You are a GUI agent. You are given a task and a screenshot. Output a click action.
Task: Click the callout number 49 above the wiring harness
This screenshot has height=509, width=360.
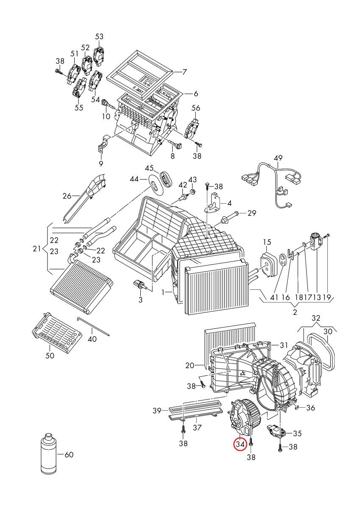278,158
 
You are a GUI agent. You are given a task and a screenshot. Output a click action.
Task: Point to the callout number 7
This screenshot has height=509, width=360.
184,72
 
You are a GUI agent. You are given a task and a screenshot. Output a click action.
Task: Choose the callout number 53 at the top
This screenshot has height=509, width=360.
99,36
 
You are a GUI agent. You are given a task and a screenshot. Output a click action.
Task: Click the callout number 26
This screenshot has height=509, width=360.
67,196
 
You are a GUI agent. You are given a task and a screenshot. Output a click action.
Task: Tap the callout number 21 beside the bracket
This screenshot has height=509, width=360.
37,249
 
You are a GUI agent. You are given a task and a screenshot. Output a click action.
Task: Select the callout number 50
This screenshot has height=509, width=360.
50,355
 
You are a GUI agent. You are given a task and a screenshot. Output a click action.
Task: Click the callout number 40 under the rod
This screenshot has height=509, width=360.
92,339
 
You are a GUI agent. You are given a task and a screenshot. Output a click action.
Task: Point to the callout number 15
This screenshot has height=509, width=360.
267,242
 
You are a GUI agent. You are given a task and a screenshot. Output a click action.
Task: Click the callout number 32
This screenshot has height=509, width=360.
316,318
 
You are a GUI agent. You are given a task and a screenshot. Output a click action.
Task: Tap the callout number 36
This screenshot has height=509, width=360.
310,408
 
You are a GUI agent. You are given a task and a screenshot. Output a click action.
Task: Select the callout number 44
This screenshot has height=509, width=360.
134,179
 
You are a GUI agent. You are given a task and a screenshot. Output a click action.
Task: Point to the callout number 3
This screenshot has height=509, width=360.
140,300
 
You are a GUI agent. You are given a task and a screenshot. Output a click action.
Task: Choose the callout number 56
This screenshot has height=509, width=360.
196,108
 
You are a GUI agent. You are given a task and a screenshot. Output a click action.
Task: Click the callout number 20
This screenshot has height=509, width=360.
190,366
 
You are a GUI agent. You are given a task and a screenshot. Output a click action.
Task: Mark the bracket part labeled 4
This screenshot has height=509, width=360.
213,202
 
